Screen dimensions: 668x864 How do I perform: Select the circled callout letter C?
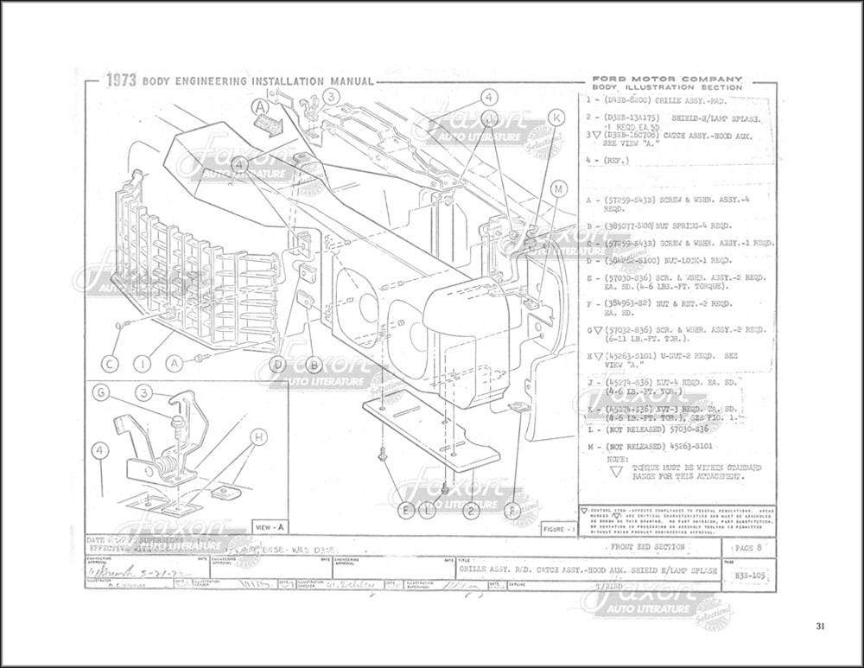point(111,364)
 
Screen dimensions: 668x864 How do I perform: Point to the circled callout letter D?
point(276,365)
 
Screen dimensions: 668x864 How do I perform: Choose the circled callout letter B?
point(314,365)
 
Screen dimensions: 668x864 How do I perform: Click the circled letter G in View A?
point(101,393)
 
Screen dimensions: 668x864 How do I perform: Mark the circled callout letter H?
point(256,437)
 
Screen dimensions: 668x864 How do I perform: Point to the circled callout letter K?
point(557,117)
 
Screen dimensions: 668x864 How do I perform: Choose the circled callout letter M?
point(559,188)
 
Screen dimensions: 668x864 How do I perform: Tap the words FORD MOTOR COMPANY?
point(664,78)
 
